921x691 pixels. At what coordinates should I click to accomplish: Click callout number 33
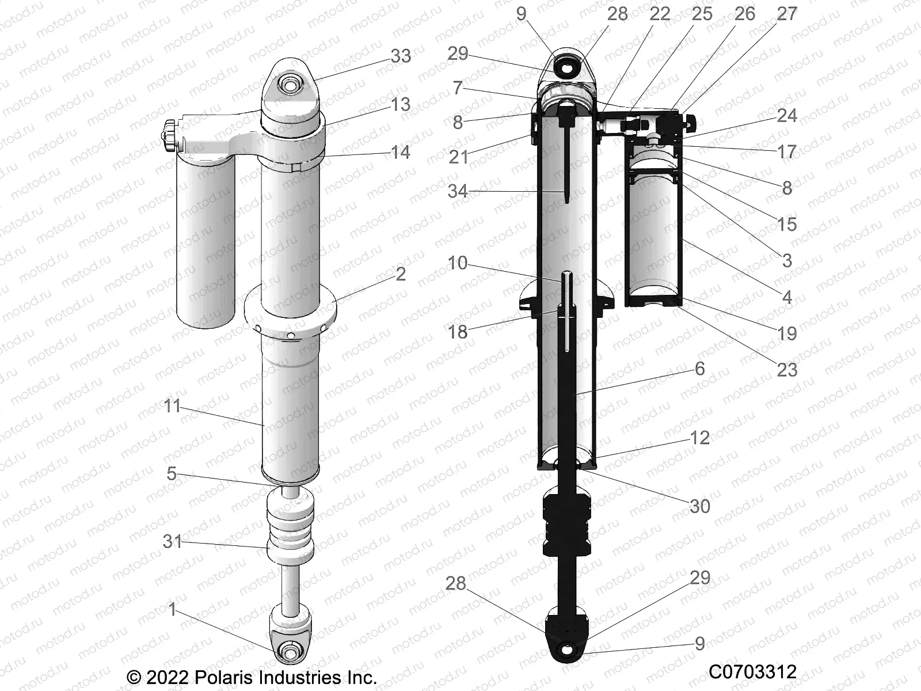click(x=401, y=56)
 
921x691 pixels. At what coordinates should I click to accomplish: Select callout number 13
click(x=401, y=104)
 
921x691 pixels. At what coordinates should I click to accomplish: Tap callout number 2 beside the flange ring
click(x=401, y=274)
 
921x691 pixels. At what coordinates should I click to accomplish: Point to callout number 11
click(x=172, y=406)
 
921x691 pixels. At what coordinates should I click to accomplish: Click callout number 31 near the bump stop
click(x=172, y=541)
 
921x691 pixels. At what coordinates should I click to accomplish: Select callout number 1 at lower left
click(x=172, y=609)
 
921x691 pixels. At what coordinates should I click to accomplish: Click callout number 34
click(x=458, y=191)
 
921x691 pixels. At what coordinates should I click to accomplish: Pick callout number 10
click(x=458, y=263)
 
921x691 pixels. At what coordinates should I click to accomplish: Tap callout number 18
click(x=458, y=332)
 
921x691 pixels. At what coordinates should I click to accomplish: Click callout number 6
click(x=699, y=369)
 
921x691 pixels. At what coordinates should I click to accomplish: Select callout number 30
click(x=699, y=506)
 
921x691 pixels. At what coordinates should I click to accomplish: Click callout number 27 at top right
click(x=787, y=13)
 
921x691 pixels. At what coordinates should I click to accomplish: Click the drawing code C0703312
click(x=752, y=672)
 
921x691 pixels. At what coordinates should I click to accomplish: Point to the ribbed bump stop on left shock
click(x=290, y=527)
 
